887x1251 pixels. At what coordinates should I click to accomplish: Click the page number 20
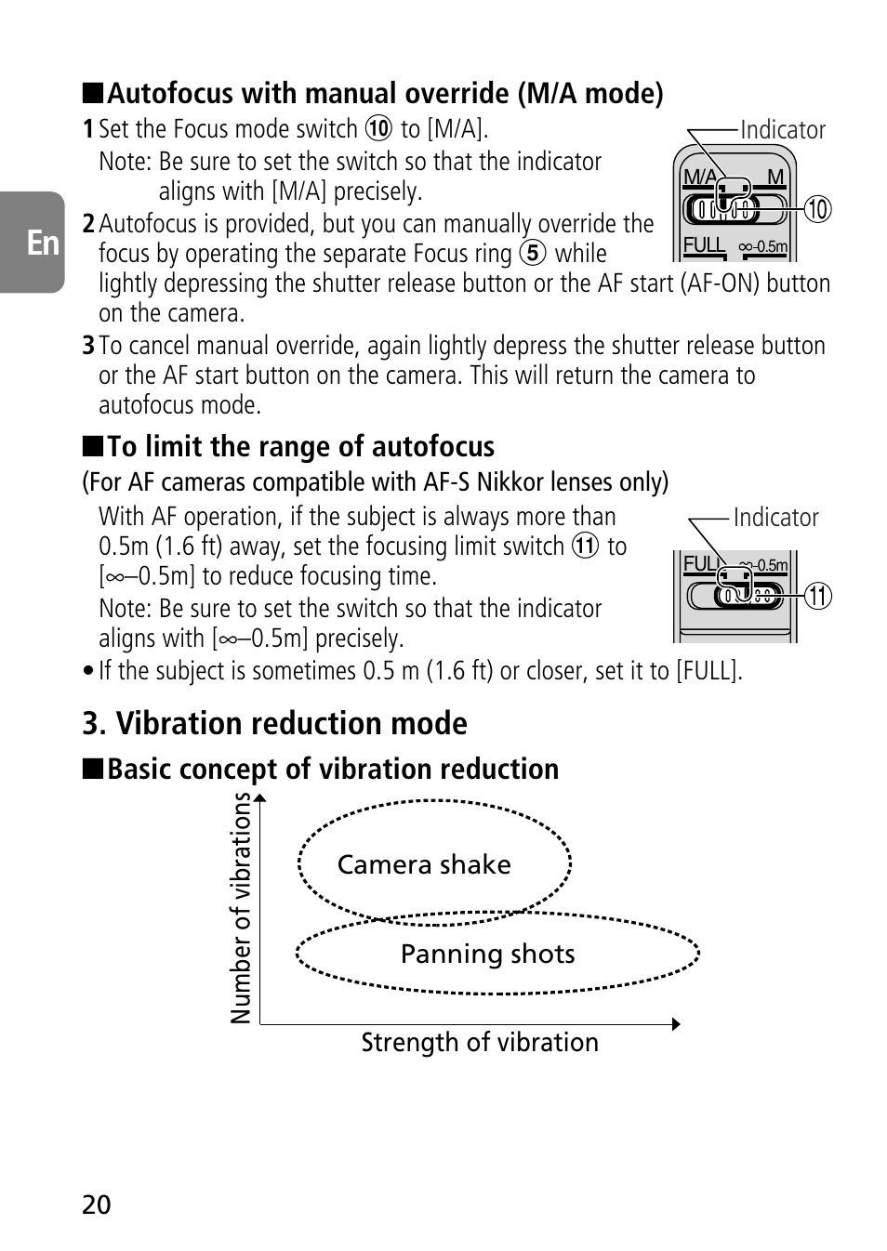(x=96, y=1205)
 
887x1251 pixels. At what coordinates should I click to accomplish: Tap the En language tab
(x=42, y=244)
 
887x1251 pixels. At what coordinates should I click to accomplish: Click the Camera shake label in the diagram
(x=424, y=864)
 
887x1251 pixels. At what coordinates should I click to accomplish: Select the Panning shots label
(x=488, y=954)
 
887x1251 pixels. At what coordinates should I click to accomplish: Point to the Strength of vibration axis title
(x=480, y=1043)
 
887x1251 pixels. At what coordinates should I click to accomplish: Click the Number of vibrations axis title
(x=242, y=908)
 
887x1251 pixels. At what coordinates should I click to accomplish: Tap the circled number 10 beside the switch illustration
(x=817, y=209)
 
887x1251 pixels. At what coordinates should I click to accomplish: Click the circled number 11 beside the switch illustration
(x=818, y=595)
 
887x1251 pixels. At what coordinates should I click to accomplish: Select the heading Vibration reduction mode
(x=274, y=723)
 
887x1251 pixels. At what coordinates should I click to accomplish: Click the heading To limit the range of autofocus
(x=300, y=447)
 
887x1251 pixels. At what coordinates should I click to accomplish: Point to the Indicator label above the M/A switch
(x=783, y=130)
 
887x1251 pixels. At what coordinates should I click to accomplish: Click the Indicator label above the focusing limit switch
(x=775, y=518)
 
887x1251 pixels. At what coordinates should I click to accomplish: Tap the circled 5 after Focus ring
(x=533, y=254)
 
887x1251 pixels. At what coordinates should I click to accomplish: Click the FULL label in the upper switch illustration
(x=703, y=245)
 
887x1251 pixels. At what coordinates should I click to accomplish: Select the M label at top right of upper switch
(x=775, y=178)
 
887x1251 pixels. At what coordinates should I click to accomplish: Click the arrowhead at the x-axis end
(x=676, y=1024)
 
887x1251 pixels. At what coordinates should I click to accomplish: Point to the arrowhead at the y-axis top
(x=260, y=797)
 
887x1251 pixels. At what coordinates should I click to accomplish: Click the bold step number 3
(x=88, y=346)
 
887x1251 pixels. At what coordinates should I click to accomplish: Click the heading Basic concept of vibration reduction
(x=333, y=770)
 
